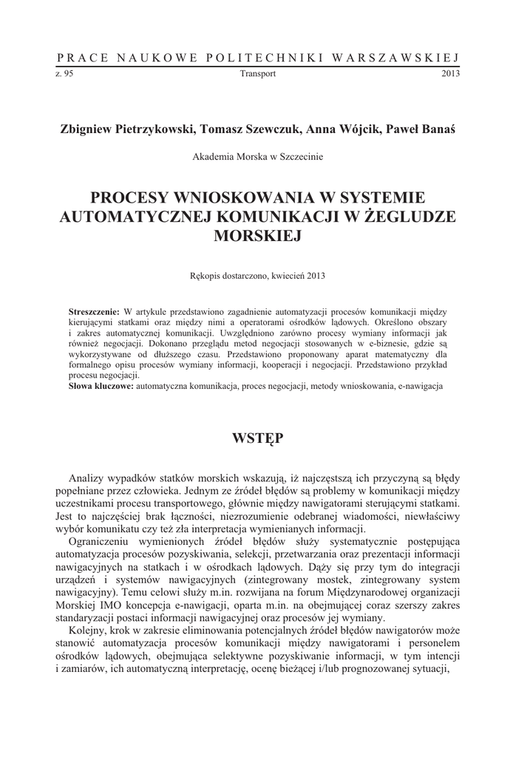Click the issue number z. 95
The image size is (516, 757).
click(x=64, y=73)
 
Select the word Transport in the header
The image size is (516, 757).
click(x=258, y=73)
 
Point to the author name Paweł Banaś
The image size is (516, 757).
click(x=420, y=128)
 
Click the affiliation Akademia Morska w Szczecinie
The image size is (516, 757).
click(x=257, y=157)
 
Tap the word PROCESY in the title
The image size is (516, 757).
click(x=128, y=197)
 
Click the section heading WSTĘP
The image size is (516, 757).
click(x=257, y=438)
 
